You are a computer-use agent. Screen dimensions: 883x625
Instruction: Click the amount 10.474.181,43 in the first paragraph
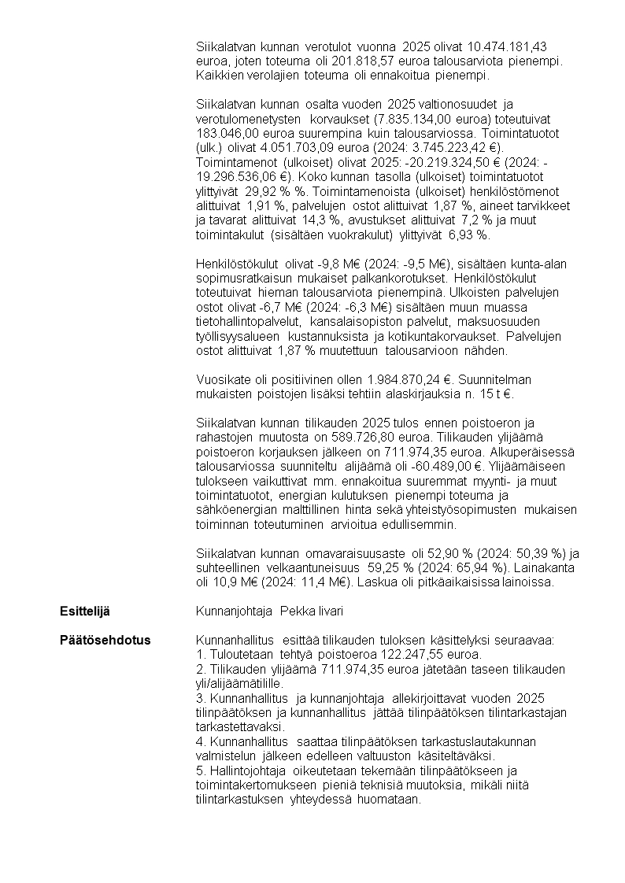click(x=512, y=47)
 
